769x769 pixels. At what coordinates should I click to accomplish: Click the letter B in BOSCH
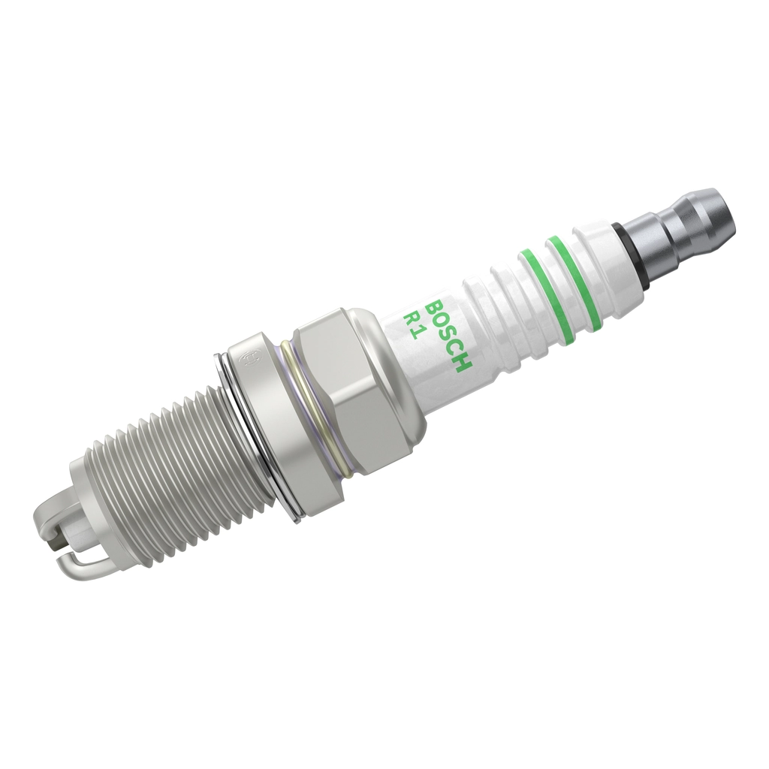[434, 308]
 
